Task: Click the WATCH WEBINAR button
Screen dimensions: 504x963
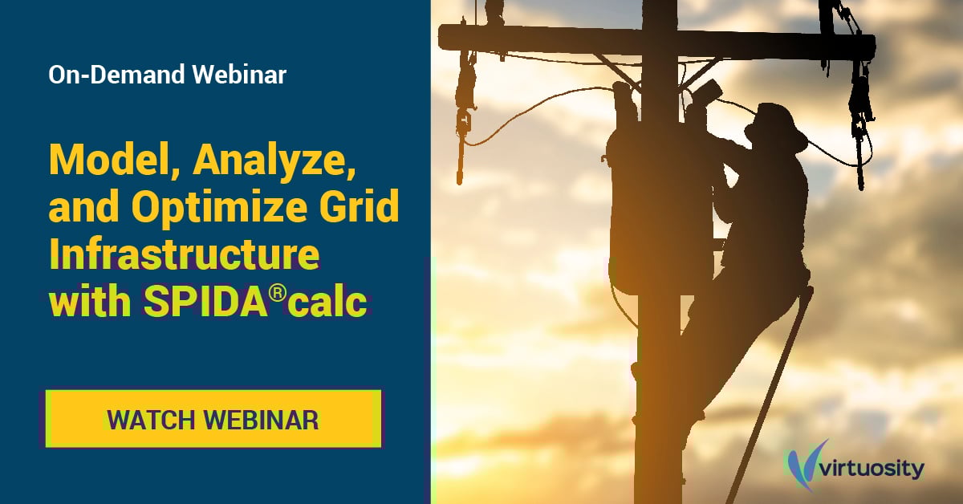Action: coord(213,419)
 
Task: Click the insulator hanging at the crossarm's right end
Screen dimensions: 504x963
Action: coord(859,104)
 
